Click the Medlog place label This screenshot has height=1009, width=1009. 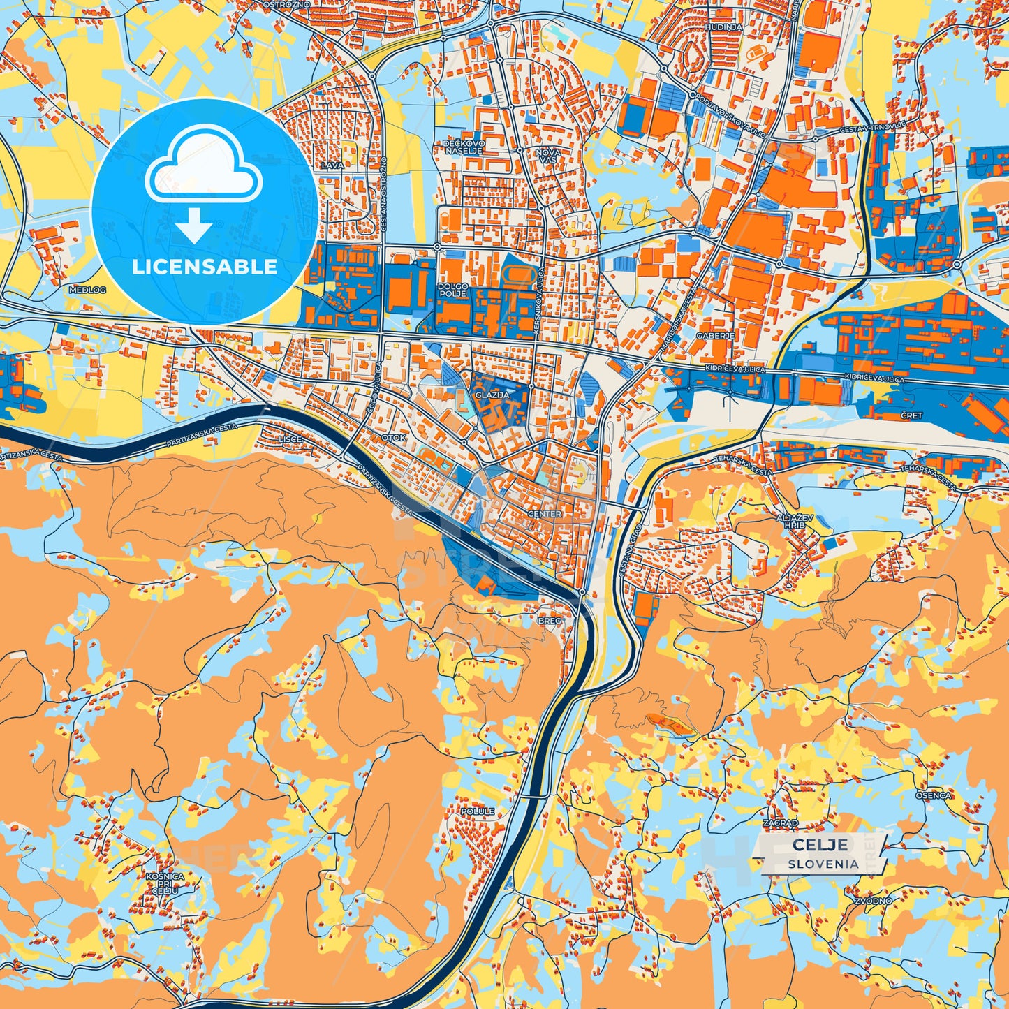(87, 289)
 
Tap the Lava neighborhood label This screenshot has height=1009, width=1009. (332, 165)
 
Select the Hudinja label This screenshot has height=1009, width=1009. (723, 27)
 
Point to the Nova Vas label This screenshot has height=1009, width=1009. (548, 155)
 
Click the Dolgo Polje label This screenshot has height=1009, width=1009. (452, 290)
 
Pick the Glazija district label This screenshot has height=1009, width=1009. (492, 395)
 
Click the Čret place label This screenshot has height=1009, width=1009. (911, 415)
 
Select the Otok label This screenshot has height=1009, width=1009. (394, 438)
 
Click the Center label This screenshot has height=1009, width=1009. (545, 514)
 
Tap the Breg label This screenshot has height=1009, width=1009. (550, 620)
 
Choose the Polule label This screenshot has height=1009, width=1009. (478, 811)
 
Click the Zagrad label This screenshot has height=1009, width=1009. (781, 823)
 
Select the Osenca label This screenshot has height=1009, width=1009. (934, 795)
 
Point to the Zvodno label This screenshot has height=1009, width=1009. (874, 901)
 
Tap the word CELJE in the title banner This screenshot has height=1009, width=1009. (820, 844)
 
